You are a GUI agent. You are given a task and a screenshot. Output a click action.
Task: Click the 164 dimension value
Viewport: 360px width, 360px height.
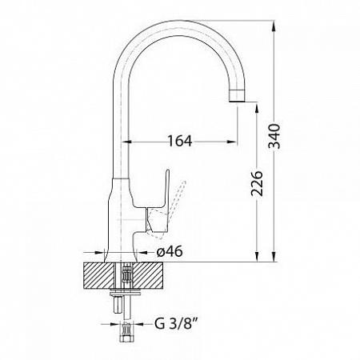pos(180,141)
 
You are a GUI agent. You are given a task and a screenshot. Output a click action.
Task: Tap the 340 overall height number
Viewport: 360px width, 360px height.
pos(274,136)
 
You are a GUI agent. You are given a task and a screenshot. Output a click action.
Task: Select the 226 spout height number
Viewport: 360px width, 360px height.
pos(257,183)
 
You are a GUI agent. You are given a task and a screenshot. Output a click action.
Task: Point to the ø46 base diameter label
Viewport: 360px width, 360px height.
pos(170,251)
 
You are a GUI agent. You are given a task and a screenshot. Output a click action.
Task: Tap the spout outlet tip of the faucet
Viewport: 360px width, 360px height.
pos(237,101)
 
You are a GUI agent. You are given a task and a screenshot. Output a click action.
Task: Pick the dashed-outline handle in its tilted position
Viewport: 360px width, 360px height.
pos(166,210)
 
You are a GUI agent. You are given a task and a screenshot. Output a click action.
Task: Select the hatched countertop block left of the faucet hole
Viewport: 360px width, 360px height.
pos(99,275)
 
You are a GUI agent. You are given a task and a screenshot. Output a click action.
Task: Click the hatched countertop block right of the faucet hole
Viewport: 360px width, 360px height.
pos(148,275)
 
